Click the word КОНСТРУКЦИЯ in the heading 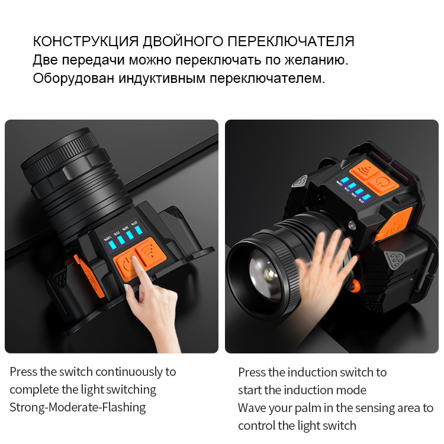(x=86, y=41)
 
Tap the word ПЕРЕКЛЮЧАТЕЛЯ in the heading (x=291, y=41)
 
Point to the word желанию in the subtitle (x=316, y=60)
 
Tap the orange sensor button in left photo (x=150, y=252)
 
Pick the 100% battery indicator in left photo (x=112, y=245)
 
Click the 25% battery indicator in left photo (x=139, y=230)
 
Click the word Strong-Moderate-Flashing (x=78, y=408)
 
